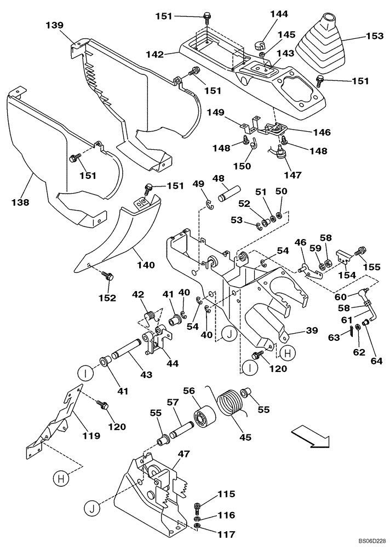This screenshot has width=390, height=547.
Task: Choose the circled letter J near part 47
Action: (94, 509)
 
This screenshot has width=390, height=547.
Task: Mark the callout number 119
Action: (91, 435)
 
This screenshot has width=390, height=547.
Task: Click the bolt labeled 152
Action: (109, 277)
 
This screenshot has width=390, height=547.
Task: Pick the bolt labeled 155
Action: (360, 251)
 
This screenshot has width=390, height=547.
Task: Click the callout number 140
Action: (146, 265)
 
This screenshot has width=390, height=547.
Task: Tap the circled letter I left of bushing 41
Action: (85, 375)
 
